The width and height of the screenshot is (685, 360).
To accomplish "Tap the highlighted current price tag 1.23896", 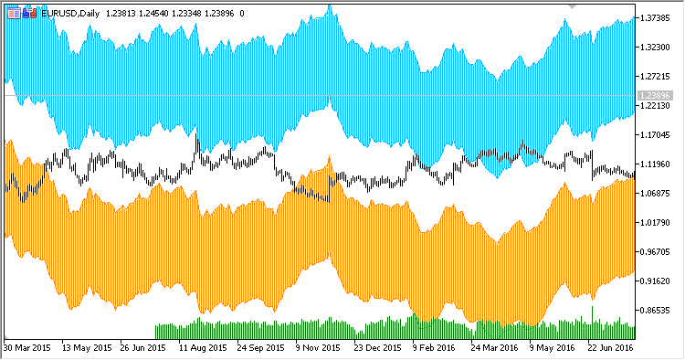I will coord(657,95).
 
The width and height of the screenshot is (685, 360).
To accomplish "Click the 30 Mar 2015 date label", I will coord(27,348).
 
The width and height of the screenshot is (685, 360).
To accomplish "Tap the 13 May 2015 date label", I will coord(85,348).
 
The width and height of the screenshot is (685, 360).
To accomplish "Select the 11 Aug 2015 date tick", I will coord(202,348).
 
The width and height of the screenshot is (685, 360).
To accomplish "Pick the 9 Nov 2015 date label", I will coord(319,348).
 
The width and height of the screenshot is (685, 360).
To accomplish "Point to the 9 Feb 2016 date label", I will coord(434,348).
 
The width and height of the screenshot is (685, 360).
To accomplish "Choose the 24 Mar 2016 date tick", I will coord(493,348).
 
